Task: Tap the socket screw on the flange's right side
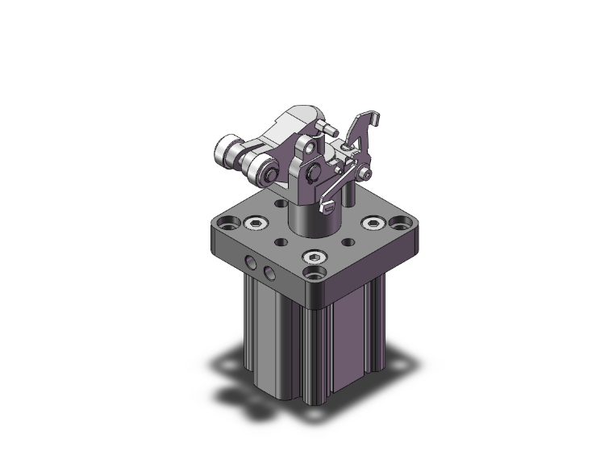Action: (372, 222)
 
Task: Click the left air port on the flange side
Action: (253, 263)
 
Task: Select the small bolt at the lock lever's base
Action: (368, 174)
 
